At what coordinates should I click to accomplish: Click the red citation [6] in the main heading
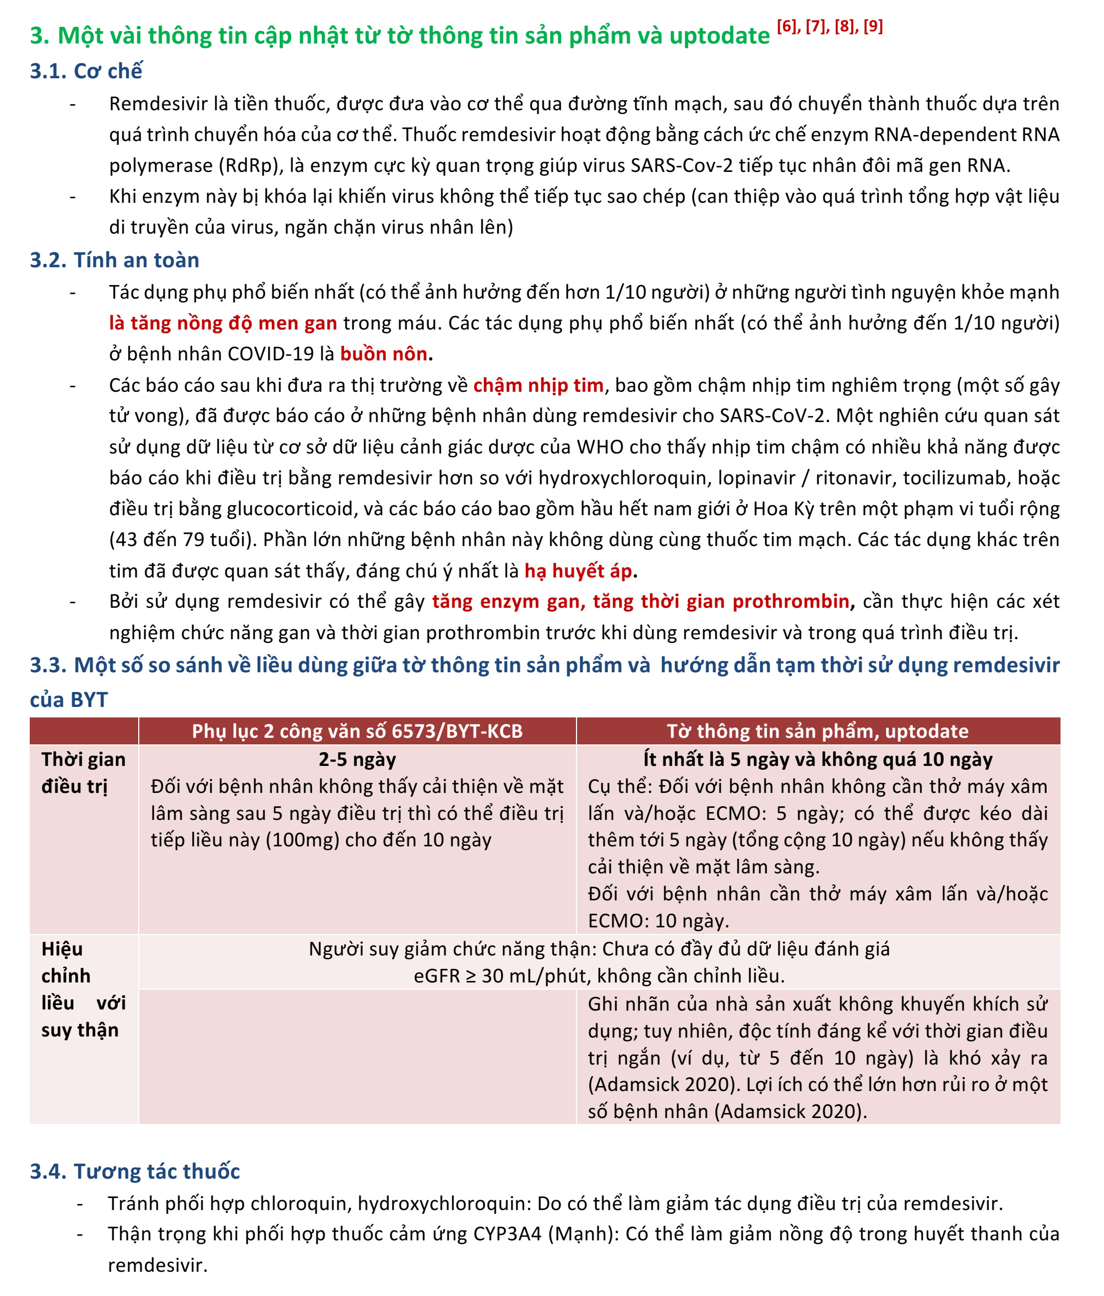[787, 27]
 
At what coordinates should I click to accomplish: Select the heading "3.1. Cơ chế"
[86, 71]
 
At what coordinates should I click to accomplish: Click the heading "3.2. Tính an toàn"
[115, 260]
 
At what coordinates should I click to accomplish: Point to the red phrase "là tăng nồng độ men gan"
[223, 323]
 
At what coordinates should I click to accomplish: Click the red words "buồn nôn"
[384, 354]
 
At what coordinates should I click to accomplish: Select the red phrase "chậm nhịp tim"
[539, 385]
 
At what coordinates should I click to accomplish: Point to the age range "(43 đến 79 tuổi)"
[182, 540]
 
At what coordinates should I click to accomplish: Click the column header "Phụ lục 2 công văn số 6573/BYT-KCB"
[357, 731]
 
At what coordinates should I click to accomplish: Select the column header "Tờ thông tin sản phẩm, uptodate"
[818, 731]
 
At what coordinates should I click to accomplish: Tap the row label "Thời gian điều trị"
[83, 773]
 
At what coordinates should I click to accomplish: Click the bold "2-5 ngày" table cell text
[357, 759]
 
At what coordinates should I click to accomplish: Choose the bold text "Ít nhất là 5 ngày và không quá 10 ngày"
[818, 759]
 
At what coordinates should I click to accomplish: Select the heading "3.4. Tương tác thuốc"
[135, 1171]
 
